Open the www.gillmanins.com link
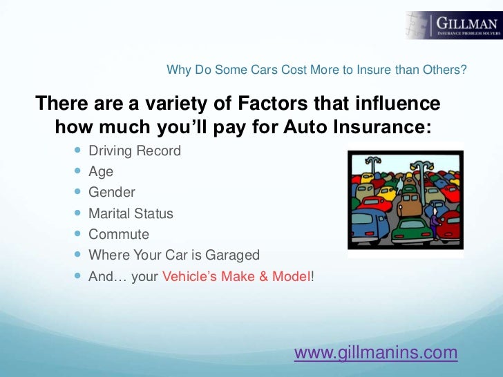(x=376, y=353)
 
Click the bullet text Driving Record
(x=135, y=151)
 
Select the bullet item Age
(x=101, y=172)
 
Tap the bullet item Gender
(x=112, y=193)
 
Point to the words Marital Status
(x=131, y=213)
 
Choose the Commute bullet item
(x=119, y=234)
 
